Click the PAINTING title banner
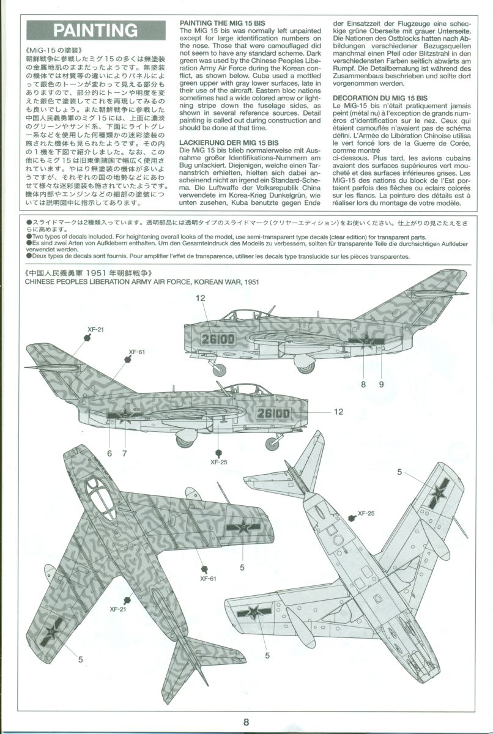(x=95, y=30)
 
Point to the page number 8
(x=246, y=722)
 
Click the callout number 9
(x=380, y=384)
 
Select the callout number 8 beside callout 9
(x=363, y=384)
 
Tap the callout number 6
(x=109, y=453)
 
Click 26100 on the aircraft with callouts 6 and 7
(x=273, y=413)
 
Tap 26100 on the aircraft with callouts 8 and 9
(x=220, y=338)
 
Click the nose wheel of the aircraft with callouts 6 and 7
(x=272, y=445)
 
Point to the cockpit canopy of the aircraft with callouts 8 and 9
(x=240, y=315)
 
